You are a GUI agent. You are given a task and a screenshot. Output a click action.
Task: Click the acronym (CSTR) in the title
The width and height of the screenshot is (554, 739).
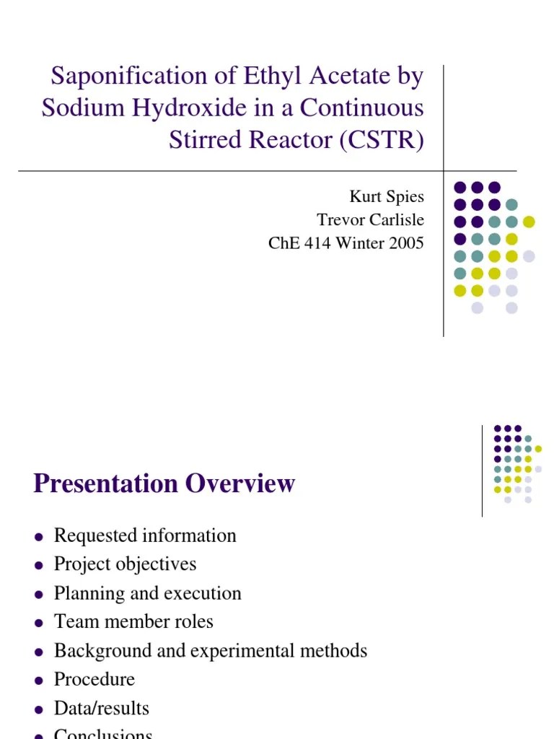click(382, 139)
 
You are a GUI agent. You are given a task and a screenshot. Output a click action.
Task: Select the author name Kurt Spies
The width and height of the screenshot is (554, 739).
click(387, 197)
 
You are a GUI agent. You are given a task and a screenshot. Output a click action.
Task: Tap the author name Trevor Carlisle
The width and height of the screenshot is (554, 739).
click(371, 220)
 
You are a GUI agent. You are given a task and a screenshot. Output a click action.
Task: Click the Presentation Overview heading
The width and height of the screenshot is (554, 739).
click(164, 483)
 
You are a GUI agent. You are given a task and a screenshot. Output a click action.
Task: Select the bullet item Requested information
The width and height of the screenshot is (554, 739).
click(145, 535)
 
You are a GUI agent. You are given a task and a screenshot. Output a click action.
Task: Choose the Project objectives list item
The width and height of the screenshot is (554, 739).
click(125, 564)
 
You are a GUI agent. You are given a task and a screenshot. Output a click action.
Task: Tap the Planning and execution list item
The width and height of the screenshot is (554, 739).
click(147, 593)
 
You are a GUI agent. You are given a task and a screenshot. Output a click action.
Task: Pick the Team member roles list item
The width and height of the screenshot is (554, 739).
click(133, 621)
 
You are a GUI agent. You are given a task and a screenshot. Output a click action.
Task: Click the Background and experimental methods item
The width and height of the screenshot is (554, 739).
click(211, 650)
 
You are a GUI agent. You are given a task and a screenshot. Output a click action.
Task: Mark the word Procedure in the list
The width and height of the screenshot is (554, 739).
click(94, 679)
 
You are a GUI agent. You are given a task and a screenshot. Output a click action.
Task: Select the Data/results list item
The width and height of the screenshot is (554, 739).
click(102, 708)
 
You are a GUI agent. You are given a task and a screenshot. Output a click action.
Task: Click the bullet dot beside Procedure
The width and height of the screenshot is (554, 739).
click(39, 681)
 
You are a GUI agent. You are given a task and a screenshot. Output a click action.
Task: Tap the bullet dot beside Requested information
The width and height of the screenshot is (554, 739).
click(39, 537)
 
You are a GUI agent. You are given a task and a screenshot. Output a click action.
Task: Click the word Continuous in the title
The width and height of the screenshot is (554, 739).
click(362, 108)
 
